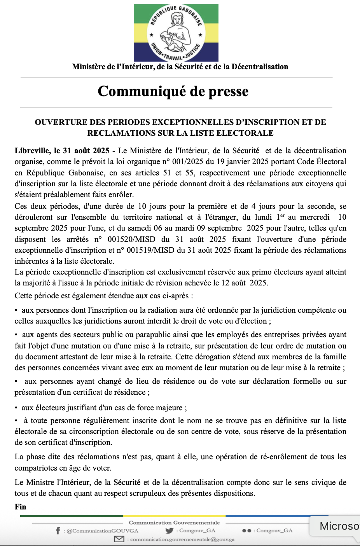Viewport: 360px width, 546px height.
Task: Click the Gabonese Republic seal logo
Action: (176, 33)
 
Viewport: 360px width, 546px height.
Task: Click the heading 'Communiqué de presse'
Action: (173, 91)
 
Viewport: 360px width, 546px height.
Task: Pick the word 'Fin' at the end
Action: (21, 507)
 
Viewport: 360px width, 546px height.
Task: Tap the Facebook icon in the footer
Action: (58, 531)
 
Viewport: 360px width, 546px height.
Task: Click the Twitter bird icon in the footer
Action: (169, 530)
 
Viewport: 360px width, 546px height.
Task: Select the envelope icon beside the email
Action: (119, 539)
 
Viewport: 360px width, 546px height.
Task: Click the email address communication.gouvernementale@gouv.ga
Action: (182, 539)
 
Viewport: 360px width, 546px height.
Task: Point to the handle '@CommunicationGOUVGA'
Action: (102, 531)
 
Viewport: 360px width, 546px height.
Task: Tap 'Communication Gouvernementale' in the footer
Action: (174, 523)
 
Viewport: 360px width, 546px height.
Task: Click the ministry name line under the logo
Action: (180, 66)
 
